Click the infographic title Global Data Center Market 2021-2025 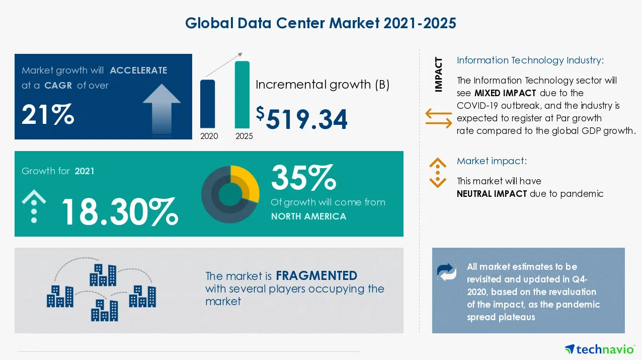pyautogui.click(x=320, y=23)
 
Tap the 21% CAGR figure pyautogui.click(x=48, y=115)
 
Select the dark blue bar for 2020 pyautogui.click(x=207, y=103)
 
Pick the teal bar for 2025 pyautogui.click(x=242, y=94)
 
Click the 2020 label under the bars pyautogui.click(x=209, y=136)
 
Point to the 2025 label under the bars pyautogui.click(x=244, y=136)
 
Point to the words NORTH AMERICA pyautogui.click(x=308, y=217)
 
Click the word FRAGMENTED pyautogui.click(x=316, y=276)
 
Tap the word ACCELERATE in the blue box pyautogui.click(x=138, y=70)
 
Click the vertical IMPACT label pyautogui.click(x=439, y=75)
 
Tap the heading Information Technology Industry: pyautogui.click(x=530, y=60)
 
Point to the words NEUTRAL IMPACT pyautogui.click(x=492, y=194)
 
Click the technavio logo pyautogui.click(x=599, y=348)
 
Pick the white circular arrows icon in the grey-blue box pyautogui.click(x=446, y=272)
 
